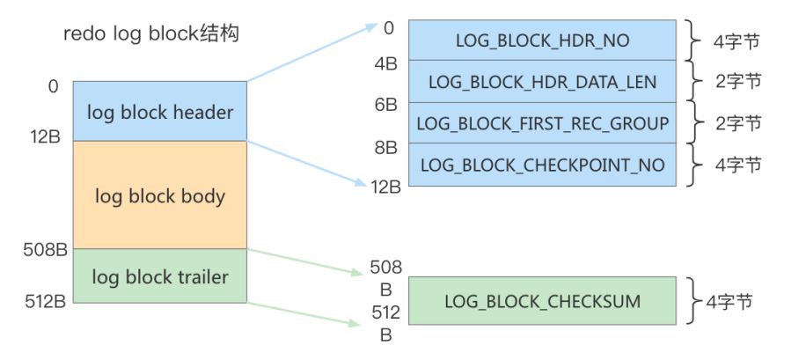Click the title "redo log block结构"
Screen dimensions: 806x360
(151, 34)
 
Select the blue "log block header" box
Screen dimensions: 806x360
(160, 111)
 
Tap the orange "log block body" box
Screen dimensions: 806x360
(160, 195)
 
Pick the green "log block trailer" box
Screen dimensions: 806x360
(160, 276)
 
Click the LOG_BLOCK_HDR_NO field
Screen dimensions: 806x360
(542, 40)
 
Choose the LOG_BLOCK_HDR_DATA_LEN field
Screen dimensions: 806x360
(542, 81)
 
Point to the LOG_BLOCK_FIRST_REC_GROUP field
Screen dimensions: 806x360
(542, 123)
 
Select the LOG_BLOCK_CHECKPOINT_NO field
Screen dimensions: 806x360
(542, 165)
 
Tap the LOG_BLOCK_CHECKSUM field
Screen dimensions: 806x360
(542, 301)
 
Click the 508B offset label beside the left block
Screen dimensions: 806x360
(45, 249)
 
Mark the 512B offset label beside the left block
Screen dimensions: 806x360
(45, 301)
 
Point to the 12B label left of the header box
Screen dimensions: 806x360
(45, 138)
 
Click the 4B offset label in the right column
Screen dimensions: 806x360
(385, 65)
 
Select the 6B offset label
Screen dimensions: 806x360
(385, 106)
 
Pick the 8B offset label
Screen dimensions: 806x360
(385, 148)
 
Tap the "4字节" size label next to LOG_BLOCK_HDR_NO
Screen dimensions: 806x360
(736, 41)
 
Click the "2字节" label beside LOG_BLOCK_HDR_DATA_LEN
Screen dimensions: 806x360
(738, 82)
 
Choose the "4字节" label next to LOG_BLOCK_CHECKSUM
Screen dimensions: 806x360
(729, 301)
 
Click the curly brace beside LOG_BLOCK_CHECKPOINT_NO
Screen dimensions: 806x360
(694, 165)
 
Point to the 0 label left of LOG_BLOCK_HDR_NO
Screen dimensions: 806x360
(389, 28)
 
